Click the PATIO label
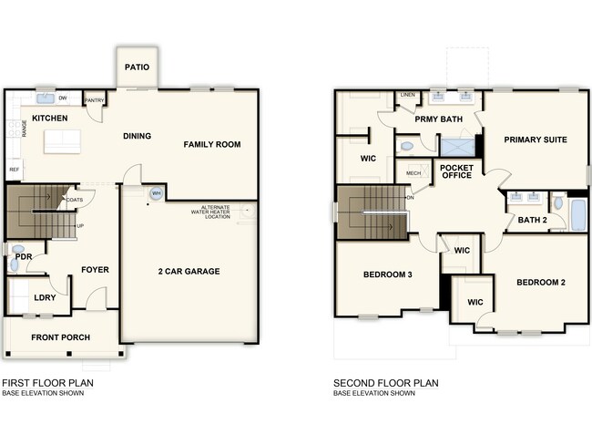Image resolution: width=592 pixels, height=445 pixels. [137, 67]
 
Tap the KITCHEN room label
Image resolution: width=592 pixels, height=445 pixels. [51, 119]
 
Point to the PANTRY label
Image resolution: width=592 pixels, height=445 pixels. [94, 100]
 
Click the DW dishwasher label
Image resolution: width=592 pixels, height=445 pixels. [63, 98]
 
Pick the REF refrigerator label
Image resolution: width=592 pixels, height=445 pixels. [14, 170]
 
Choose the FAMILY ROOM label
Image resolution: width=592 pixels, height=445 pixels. [211, 144]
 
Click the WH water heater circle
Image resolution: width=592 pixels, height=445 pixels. [156, 194]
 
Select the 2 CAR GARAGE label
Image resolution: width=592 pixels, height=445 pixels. [189, 271]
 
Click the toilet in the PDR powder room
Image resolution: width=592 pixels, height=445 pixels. [17, 249]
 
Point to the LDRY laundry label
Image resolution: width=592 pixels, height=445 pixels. [46, 297]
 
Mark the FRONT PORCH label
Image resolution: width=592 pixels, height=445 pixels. [60, 337]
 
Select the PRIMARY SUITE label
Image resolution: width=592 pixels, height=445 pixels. [536, 140]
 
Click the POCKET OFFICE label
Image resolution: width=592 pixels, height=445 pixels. [456, 171]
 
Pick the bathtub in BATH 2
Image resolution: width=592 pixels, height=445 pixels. [577, 212]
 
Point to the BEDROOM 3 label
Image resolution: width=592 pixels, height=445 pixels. [388, 274]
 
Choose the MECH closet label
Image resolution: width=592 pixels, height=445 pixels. [413, 172]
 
